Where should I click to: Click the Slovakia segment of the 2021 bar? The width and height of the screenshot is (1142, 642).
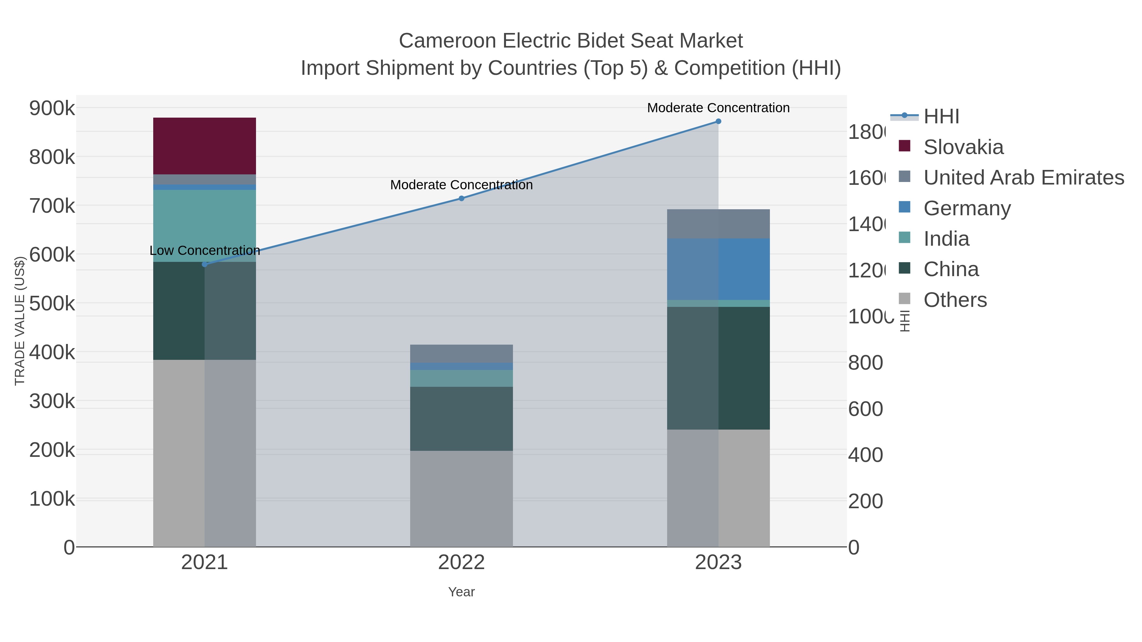coord(204,146)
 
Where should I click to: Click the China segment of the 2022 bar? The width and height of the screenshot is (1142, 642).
coord(461,419)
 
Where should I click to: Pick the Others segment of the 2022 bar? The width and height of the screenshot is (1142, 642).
coord(461,498)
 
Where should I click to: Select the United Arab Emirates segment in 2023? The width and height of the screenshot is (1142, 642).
coord(718,224)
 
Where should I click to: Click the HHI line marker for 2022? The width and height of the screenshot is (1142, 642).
coord(461,198)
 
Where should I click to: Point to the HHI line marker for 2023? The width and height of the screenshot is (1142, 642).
coord(718,121)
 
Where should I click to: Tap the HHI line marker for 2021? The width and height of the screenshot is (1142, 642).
coord(204,264)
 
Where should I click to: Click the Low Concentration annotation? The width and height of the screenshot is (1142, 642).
coord(204,251)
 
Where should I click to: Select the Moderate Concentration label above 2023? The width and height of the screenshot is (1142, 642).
coord(718,108)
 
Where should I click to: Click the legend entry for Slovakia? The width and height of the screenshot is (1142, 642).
coord(963,147)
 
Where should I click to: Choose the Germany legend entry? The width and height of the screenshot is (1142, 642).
coord(967,208)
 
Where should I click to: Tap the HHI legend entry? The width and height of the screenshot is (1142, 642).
coord(941,117)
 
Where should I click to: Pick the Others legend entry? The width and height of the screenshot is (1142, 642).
coord(955,300)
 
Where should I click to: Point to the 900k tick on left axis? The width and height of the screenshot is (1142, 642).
coord(52,108)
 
